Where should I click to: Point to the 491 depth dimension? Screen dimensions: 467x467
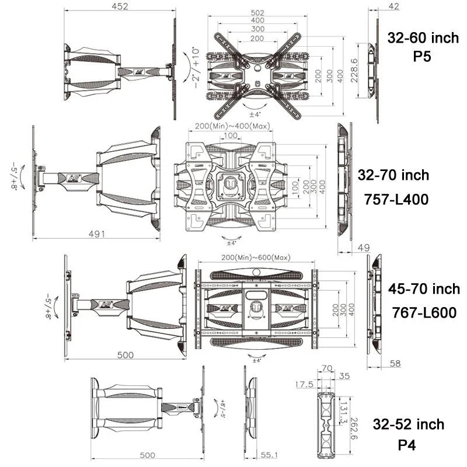point(96,234)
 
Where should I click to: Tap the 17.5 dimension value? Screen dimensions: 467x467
point(303,385)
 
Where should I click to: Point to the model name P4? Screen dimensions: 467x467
point(408,446)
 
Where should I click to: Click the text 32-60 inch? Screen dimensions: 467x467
point(423,39)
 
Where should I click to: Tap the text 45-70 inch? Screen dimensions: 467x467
point(424,288)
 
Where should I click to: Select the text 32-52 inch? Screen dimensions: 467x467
point(409,424)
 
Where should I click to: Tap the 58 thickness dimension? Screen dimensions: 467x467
point(395,364)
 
